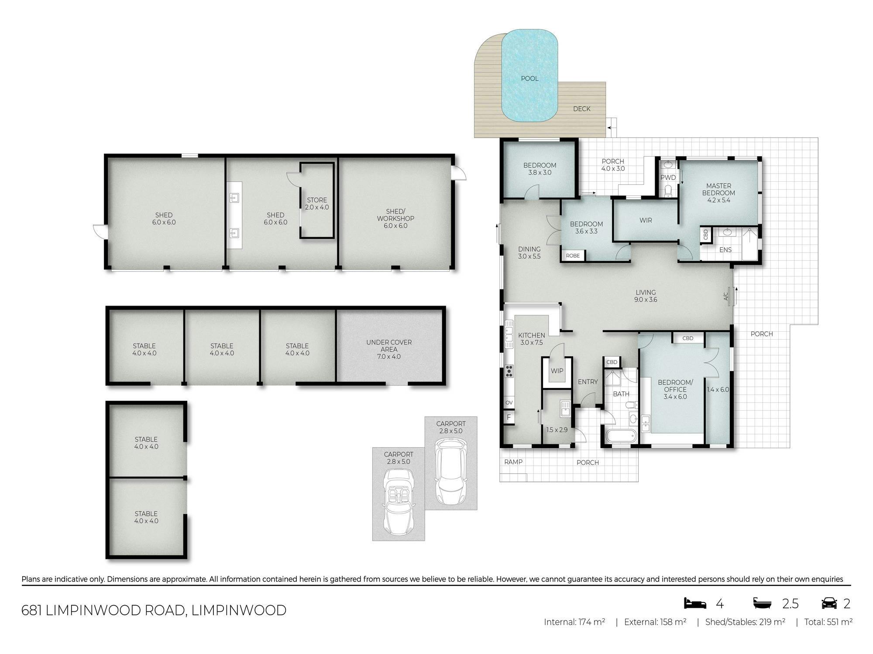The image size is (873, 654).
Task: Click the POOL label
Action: [529, 78]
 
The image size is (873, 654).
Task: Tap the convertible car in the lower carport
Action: [398, 502]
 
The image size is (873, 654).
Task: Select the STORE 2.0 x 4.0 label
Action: [317, 204]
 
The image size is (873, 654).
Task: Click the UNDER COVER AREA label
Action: [389, 349]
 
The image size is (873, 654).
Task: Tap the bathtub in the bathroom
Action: [621, 436]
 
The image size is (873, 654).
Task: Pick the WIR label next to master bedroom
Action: [646, 221]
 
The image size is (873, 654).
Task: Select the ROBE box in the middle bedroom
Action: [573, 256]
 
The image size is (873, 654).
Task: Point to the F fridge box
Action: [509, 417]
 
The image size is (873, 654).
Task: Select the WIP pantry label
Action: [557, 371]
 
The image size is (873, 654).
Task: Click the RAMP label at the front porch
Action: [513, 462]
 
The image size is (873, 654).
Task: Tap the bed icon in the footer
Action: [695, 603]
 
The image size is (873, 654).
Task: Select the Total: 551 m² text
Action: [828, 622]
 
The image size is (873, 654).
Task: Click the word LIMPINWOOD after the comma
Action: [239, 610]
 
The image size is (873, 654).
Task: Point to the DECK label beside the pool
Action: [582, 109]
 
